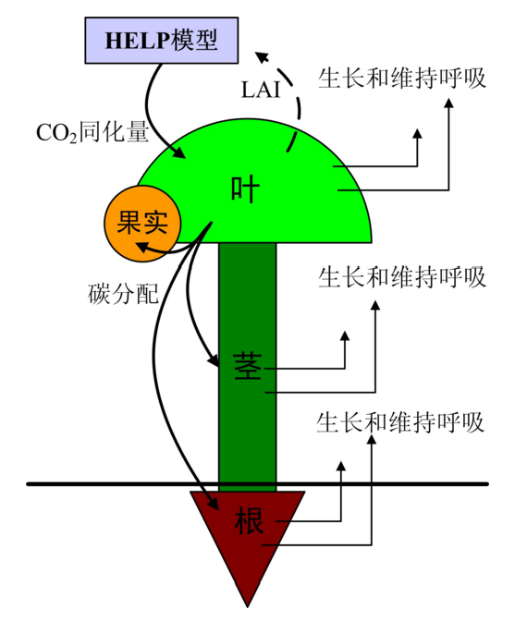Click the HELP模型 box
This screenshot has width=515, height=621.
click(x=162, y=40)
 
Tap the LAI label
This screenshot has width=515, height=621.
click(x=261, y=90)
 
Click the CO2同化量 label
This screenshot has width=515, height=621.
click(x=92, y=132)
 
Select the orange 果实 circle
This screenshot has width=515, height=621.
click(x=142, y=224)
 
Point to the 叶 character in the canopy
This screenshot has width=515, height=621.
click(x=245, y=189)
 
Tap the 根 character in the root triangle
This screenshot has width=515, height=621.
click(x=250, y=520)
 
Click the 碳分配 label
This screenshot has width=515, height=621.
click(x=123, y=294)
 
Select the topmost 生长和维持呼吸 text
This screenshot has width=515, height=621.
click(x=401, y=78)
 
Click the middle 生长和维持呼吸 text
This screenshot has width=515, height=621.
click(x=401, y=277)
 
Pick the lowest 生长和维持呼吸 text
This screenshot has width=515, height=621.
click(x=400, y=422)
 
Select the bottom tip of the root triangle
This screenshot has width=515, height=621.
click(x=247, y=606)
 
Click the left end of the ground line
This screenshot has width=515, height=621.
click(x=28, y=483)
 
